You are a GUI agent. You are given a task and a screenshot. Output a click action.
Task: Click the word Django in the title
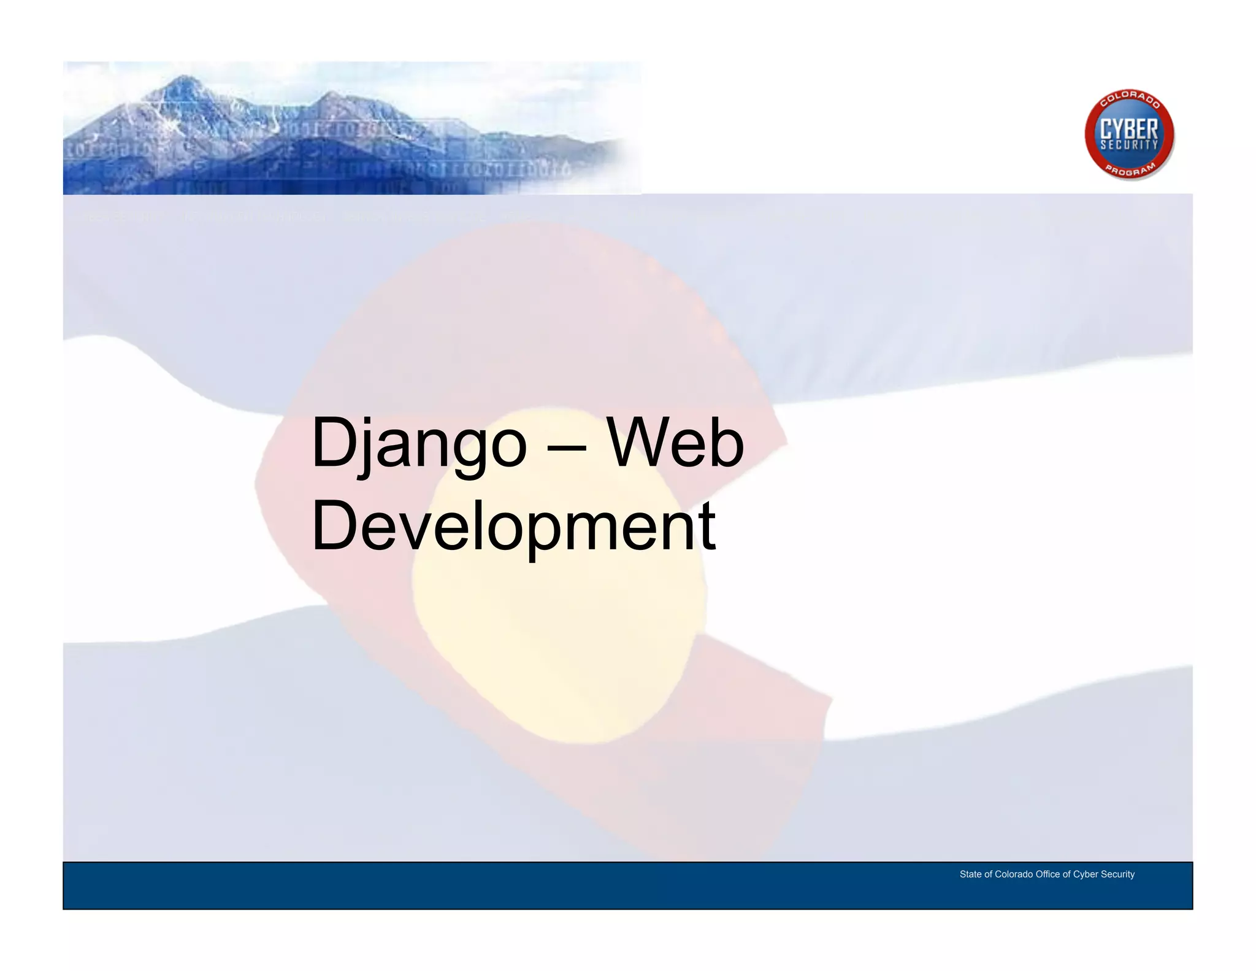pos(419,443)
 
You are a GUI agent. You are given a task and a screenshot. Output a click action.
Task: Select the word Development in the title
pos(513,525)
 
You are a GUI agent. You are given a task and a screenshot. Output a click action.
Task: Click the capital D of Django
pos(334,442)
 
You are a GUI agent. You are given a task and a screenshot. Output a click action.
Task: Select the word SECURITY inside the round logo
pos(1129,145)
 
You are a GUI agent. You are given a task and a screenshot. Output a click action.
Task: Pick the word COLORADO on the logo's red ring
pos(1130,99)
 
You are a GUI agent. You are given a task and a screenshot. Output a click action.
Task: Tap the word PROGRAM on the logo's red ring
pos(1130,170)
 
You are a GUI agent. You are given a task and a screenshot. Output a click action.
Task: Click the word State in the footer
pos(970,874)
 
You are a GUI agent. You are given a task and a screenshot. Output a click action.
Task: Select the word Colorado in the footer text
pos(1014,874)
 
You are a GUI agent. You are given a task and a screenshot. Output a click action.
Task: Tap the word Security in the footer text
pos(1117,874)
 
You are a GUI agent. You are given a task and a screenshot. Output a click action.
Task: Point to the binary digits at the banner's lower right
pos(491,169)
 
